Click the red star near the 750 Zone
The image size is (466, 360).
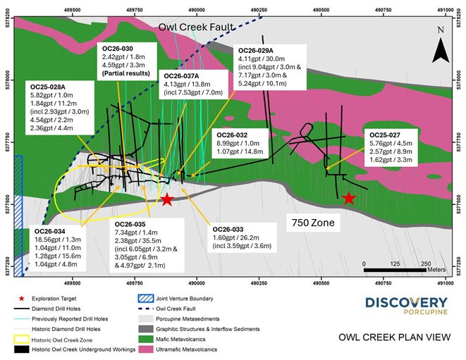349,199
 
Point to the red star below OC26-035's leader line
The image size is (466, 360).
166,200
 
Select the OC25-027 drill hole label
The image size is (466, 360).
382,134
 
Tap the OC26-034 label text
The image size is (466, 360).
49,231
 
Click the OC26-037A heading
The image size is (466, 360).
182,75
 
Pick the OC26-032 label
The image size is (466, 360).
233,135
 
